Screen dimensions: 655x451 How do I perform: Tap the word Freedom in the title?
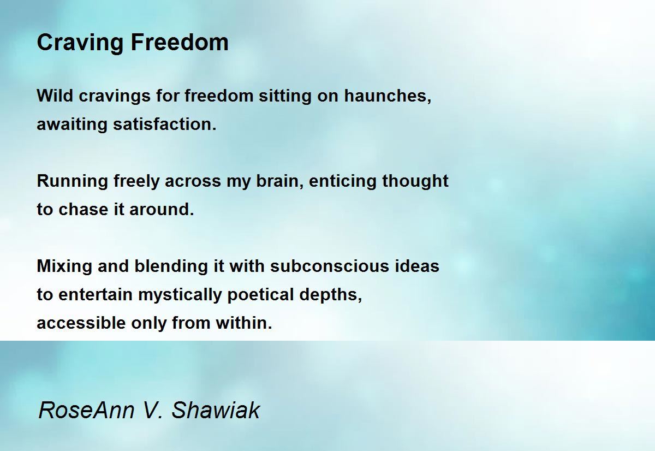(180, 43)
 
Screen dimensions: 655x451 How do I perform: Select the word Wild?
(55, 96)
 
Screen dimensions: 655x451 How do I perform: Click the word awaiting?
(72, 124)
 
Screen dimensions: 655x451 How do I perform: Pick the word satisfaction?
(165, 124)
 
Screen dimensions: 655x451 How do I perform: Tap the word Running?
(73, 181)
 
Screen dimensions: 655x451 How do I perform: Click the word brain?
(279, 181)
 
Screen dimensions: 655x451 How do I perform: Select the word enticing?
(342, 181)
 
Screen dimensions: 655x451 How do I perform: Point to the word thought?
(415, 181)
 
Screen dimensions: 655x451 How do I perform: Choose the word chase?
(83, 210)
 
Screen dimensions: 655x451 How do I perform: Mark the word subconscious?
(330, 266)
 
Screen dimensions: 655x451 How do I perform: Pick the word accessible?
(81, 323)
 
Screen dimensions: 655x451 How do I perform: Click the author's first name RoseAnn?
(86, 410)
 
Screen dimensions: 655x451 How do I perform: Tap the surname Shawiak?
(216, 410)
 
